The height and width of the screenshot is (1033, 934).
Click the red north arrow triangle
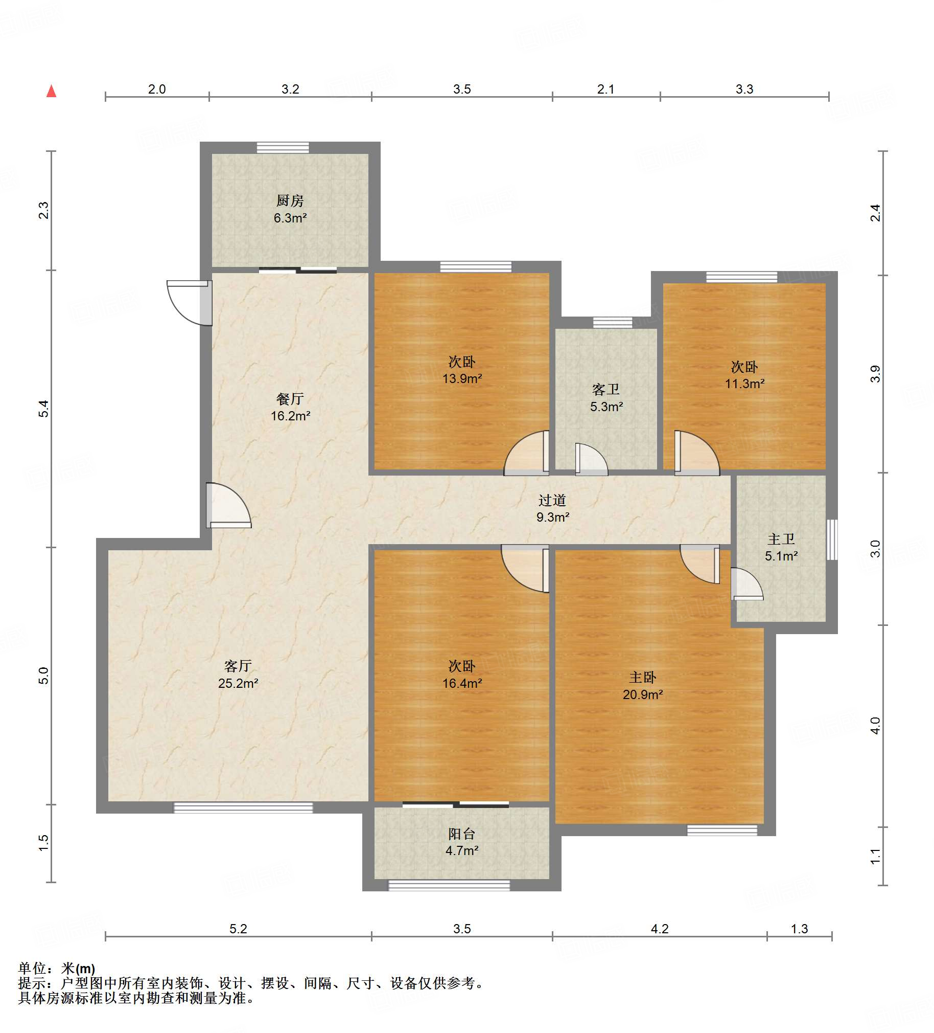click(51, 91)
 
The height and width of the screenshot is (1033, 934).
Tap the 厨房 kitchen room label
click(290, 200)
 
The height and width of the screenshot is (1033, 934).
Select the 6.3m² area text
click(290, 218)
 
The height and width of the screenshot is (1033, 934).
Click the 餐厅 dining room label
click(290, 398)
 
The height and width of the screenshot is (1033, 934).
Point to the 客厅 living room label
click(238, 666)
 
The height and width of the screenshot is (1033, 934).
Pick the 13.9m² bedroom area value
click(462, 378)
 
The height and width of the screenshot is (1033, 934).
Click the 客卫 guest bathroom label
click(606, 390)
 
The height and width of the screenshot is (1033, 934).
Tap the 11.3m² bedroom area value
click(744, 383)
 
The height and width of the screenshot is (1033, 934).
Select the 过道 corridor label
click(552, 500)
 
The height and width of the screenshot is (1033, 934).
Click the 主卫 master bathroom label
click(781, 539)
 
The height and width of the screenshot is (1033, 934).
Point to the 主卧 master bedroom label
click(643, 678)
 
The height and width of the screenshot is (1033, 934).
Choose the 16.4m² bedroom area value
click(462, 683)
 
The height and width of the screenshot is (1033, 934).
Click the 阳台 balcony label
click(462, 834)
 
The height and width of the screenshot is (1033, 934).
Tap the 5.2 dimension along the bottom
click(238, 929)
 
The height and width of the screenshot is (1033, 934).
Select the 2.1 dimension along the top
click(606, 89)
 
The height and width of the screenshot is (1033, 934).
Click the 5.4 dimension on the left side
click(43, 409)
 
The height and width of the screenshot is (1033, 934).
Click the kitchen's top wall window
click(283, 148)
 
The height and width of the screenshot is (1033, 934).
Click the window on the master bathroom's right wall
click(832, 540)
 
